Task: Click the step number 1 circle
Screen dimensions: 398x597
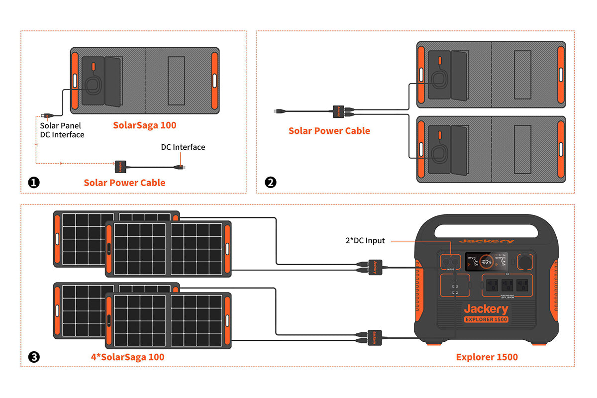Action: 34,183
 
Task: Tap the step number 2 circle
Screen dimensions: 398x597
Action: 271,183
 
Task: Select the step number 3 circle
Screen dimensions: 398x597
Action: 34,357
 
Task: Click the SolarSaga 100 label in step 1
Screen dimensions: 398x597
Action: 145,125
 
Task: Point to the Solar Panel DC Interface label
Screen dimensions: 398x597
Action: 62,130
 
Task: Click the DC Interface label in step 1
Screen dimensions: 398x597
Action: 183,147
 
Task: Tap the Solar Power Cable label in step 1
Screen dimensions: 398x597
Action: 124,183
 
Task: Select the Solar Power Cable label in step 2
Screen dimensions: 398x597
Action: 329,131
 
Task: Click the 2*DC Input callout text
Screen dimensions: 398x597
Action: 366,241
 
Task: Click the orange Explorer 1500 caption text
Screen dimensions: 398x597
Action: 487,357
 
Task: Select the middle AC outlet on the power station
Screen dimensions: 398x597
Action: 507,286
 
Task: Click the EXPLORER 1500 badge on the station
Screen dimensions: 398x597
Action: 487,319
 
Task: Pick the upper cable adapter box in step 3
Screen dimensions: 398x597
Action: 374,266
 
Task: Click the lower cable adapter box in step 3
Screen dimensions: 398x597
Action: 374,337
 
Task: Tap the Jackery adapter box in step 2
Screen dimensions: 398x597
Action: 338,110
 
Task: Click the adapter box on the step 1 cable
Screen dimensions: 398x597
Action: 121,165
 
